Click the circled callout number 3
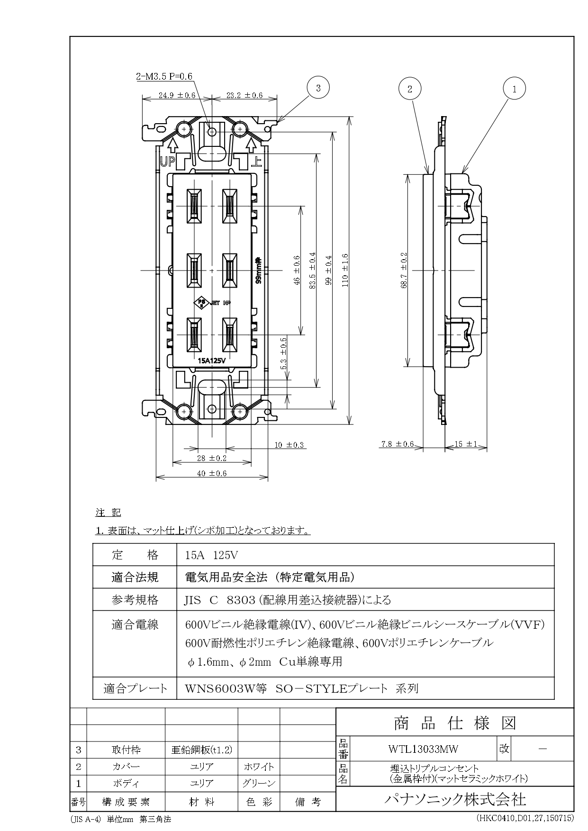tap(318, 88)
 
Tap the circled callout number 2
tap(410, 88)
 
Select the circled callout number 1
tap(515, 88)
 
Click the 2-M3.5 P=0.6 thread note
tap(164, 76)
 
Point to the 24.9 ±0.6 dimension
tap(177, 95)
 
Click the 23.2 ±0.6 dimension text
tap(244, 95)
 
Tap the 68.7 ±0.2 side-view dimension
tap(404, 270)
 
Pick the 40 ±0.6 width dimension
tap(212, 473)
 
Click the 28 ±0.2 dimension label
tap(212, 458)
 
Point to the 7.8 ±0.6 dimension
tap(397, 444)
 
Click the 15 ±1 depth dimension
tap(465, 444)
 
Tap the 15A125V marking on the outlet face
tap(211, 361)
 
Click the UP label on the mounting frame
tap(167, 162)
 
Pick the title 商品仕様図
tap(455, 723)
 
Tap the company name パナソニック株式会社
tap(455, 799)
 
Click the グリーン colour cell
tap(259, 783)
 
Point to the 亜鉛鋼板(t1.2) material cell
tap(202, 750)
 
